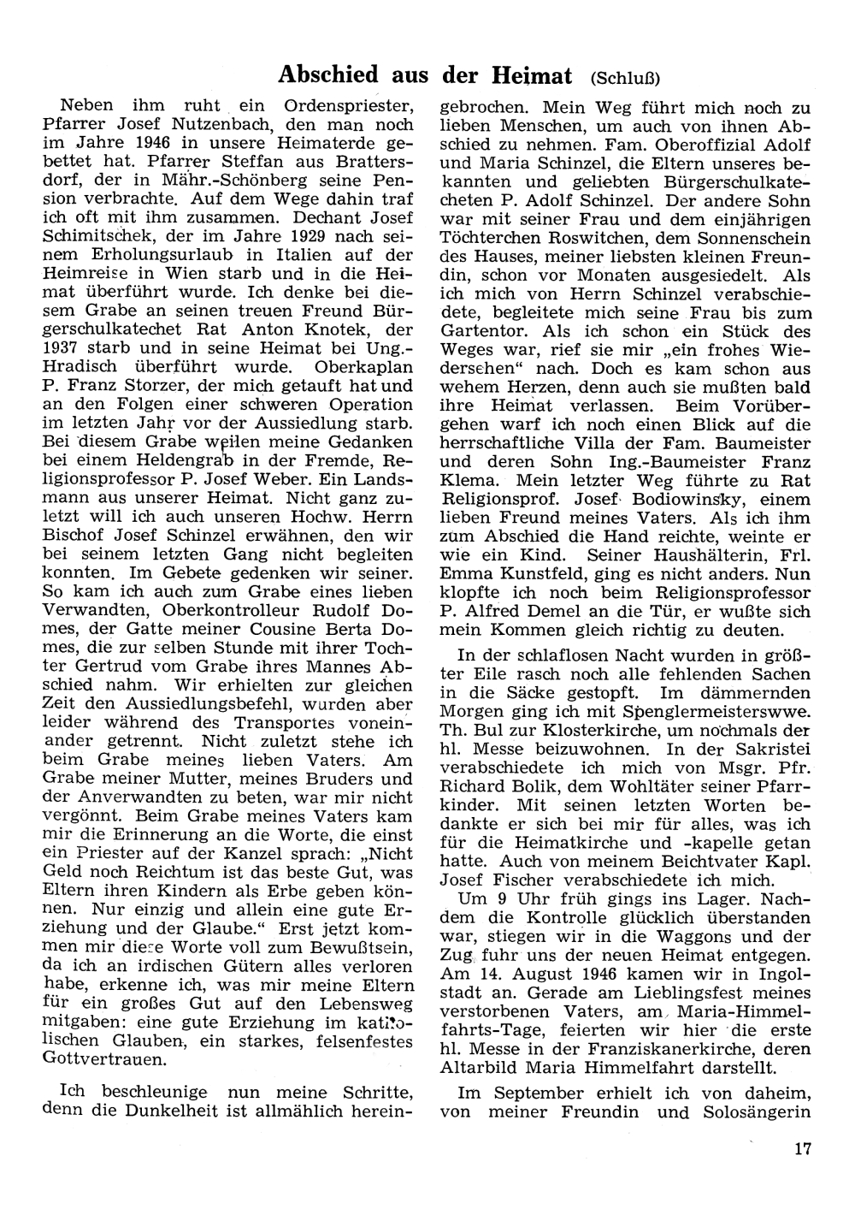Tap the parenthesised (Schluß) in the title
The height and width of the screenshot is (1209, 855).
point(625,77)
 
